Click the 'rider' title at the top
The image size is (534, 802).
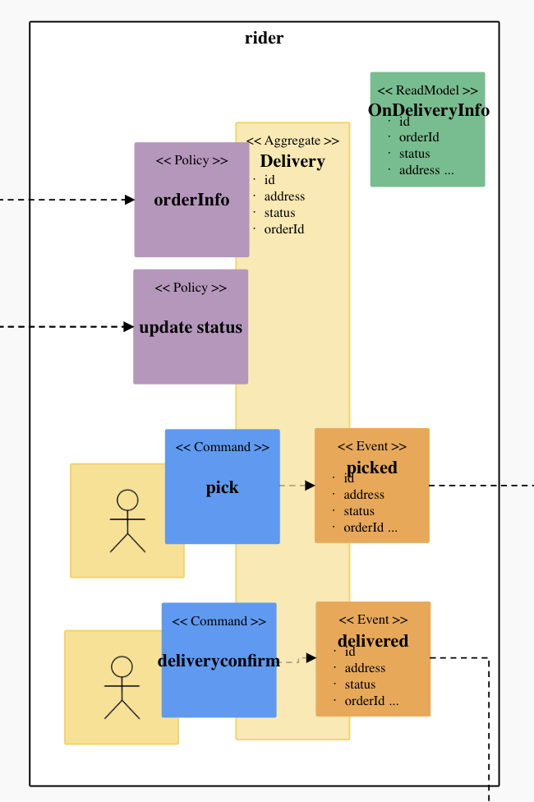pos(264,38)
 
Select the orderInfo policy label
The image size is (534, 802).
pos(191,200)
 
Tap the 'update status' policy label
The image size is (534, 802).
pos(191,327)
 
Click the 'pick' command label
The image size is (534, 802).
pos(222,487)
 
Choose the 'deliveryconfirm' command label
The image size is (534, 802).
pos(219,661)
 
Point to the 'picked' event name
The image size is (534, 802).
pos(371,467)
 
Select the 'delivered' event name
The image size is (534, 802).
pos(372,641)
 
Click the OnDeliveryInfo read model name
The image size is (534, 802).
pos(428,110)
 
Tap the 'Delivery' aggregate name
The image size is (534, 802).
pos(292,161)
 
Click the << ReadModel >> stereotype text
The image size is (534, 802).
pos(427,90)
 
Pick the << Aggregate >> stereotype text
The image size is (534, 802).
pos(292,141)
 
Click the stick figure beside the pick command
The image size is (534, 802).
pos(127,521)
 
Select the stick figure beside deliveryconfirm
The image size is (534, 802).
pos(122,688)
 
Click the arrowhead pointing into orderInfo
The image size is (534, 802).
pos(130,200)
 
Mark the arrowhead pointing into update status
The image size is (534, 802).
pos(129,327)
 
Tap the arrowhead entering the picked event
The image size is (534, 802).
pos(310,486)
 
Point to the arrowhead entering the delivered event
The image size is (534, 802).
pos(311,657)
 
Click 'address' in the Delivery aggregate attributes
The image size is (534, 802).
pos(284,196)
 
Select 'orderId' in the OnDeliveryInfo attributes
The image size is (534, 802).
pos(419,137)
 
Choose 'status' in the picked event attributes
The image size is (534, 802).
pos(359,511)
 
